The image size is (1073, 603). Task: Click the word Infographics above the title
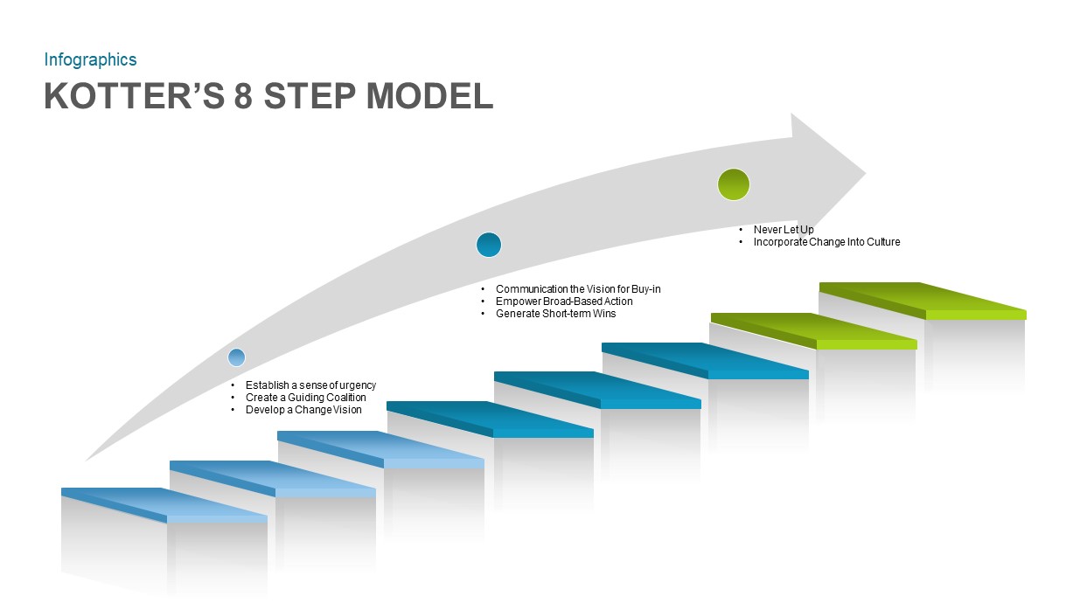click(90, 59)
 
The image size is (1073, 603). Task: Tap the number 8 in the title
click(243, 96)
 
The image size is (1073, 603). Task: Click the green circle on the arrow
click(733, 184)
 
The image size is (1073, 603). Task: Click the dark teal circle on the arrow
click(489, 245)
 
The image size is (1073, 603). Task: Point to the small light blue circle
click(236, 357)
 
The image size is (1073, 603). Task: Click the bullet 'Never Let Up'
click(784, 230)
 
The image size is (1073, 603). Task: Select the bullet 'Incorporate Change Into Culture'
click(826, 242)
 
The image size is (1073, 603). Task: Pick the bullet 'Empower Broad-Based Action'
click(564, 301)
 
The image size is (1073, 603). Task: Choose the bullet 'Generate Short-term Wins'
click(555, 314)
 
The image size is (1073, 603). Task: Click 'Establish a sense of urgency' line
click(310, 385)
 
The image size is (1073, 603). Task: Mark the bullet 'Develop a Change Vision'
click(303, 410)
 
